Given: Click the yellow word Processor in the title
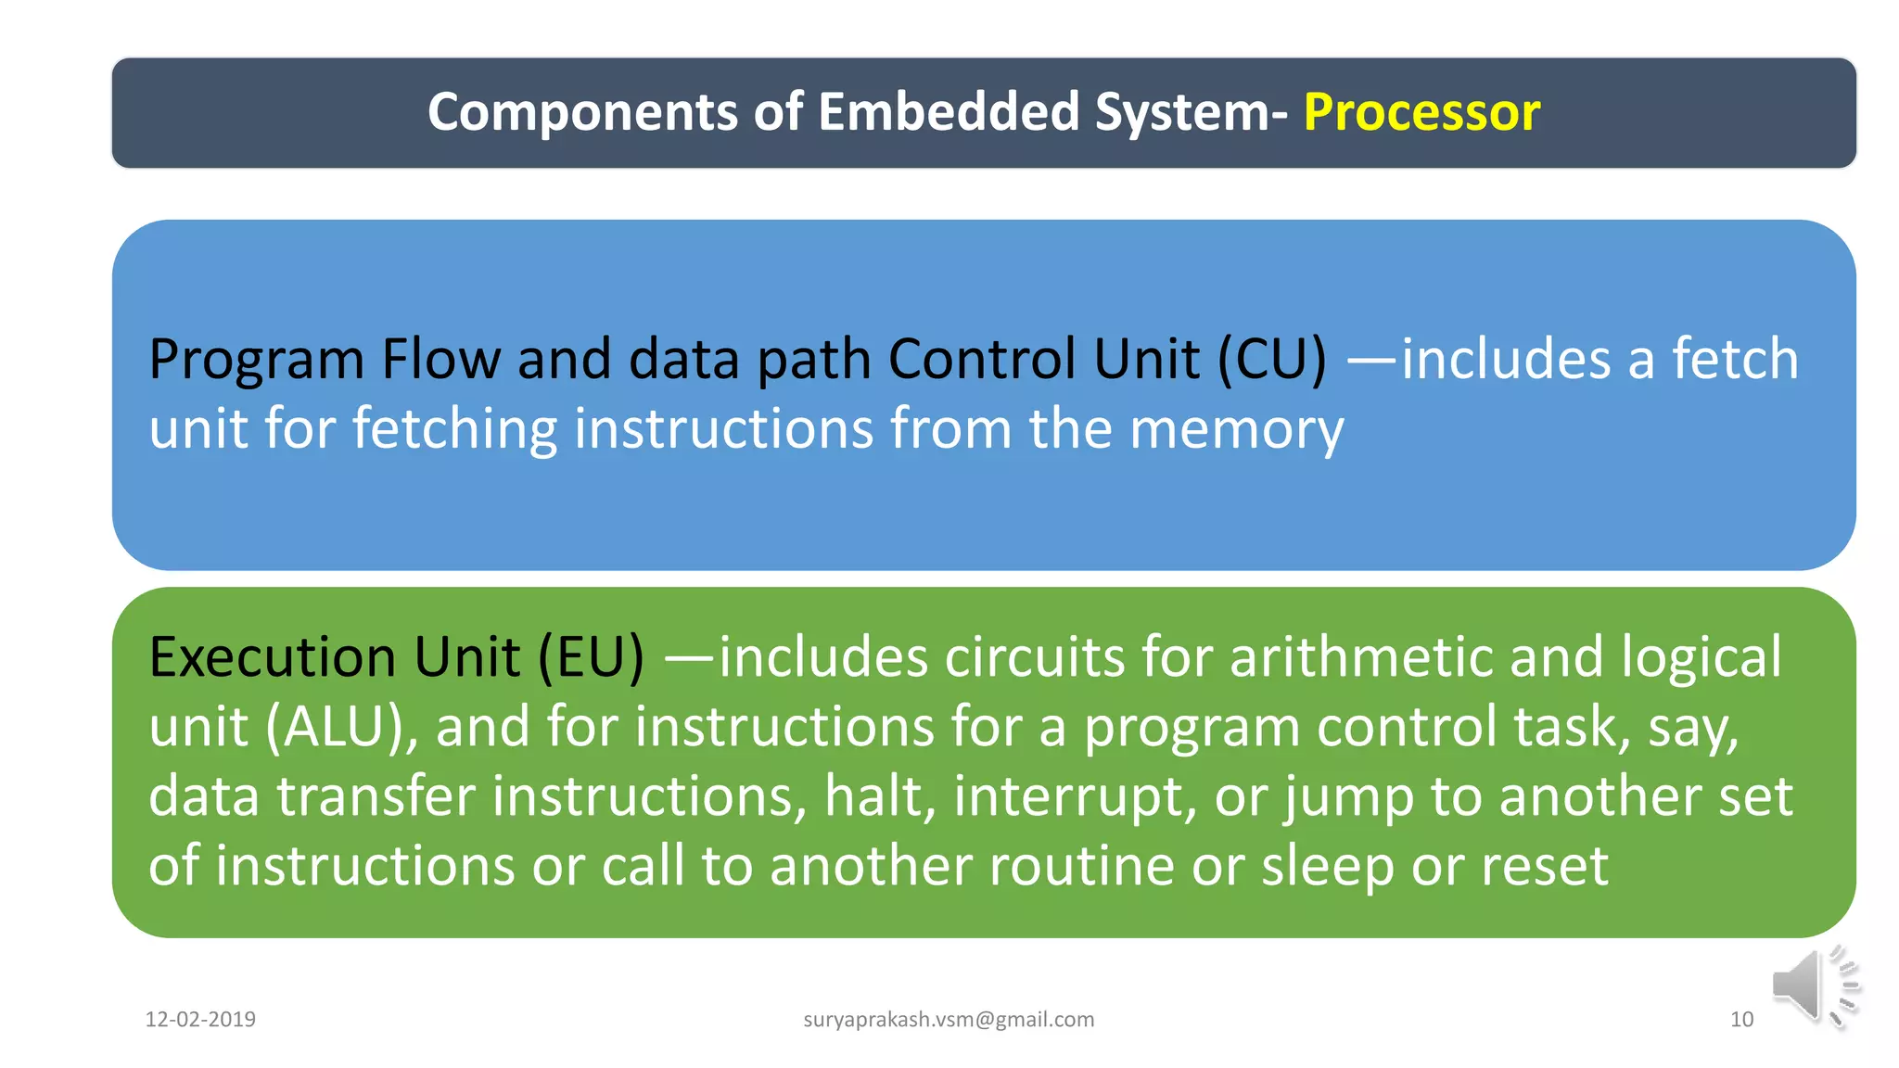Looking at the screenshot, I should (x=1421, y=113).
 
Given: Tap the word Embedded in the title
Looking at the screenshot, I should (x=949, y=112).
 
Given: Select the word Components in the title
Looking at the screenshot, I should (x=582, y=113).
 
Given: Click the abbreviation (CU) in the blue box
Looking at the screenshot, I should (x=1271, y=360).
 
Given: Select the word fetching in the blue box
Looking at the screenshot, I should (x=454, y=430).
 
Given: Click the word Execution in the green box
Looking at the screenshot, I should (x=273, y=658).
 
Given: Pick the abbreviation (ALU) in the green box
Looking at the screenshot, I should (x=335, y=727).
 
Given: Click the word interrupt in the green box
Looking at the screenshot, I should (x=1075, y=796).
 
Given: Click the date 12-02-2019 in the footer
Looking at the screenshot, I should (x=200, y=1020).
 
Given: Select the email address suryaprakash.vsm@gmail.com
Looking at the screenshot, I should (x=949, y=1020).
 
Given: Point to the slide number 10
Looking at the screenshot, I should (x=1741, y=1020).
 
